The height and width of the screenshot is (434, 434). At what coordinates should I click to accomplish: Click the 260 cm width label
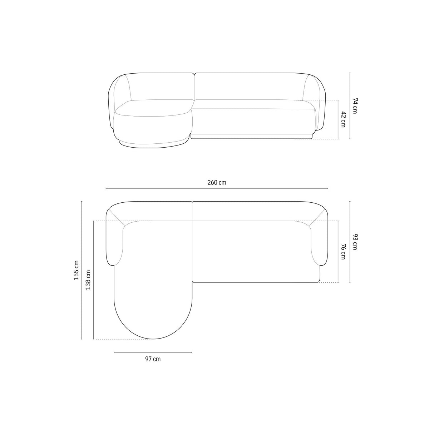point(217,182)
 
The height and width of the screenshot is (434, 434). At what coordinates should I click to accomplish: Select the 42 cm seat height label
point(343,119)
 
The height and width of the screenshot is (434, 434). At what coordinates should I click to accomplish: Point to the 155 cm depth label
point(76,270)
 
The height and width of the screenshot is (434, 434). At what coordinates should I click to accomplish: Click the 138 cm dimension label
point(88,280)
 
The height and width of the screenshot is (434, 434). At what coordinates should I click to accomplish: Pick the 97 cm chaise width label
point(153,359)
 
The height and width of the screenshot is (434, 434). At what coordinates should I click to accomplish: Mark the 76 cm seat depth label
point(343,251)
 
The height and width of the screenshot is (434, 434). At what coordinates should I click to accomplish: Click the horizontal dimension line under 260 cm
point(217,188)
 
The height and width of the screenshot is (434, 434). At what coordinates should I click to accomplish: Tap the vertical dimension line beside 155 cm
point(82,270)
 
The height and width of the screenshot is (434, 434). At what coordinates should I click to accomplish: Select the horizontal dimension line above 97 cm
point(153,352)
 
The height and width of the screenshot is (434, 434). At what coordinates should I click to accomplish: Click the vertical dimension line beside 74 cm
point(350,105)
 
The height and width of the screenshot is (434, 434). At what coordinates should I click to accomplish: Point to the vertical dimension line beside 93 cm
point(350,242)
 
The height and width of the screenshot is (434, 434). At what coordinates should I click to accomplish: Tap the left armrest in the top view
point(114,243)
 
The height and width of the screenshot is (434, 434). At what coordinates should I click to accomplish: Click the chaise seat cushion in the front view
point(152,107)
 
